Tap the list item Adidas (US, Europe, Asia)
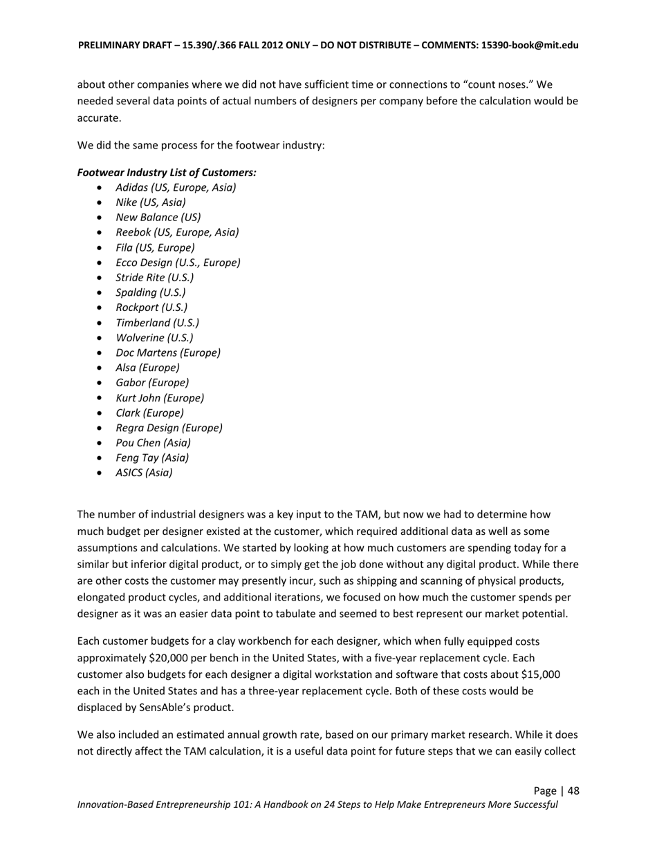click(x=176, y=187)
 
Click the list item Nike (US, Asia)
click(x=151, y=202)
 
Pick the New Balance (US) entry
click(x=158, y=218)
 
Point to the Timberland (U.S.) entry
click(x=157, y=323)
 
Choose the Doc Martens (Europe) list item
click(x=168, y=353)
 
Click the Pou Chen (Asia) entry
click(x=153, y=443)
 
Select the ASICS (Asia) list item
click(x=144, y=473)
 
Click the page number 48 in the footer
click(x=573, y=791)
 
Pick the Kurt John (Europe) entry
click(x=160, y=398)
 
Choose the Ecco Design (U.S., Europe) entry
click(x=178, y=263)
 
